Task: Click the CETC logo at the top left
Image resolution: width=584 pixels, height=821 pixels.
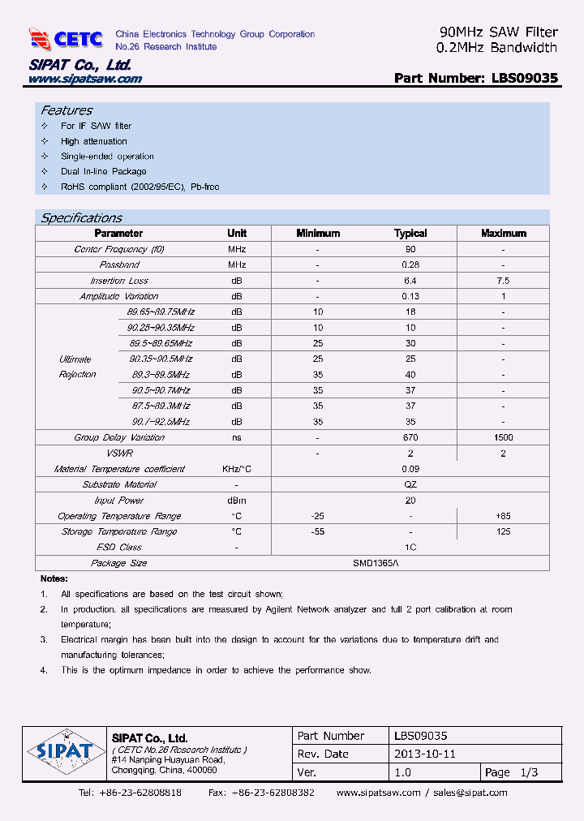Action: coord(66,38)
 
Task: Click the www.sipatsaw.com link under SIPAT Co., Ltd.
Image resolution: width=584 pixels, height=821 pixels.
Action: coord(85,79)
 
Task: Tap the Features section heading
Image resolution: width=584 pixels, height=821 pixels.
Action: coord(67,110)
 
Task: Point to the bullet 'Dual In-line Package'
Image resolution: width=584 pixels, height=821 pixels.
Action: coord(103,171)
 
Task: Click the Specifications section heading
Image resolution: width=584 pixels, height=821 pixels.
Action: coord(81,217)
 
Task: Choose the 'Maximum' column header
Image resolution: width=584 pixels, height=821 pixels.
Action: coord(503,233)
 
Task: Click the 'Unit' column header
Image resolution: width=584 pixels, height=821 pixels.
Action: coord(237,233)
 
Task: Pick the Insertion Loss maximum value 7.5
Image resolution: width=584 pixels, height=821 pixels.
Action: coord(503,281)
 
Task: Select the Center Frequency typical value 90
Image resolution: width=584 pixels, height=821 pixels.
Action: coord(410,249)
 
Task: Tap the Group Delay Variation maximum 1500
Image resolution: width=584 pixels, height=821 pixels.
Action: coord(503,437)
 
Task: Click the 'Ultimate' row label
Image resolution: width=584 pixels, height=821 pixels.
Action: coord(75,359)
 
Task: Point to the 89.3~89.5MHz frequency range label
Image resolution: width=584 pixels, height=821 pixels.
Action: coord(161,375)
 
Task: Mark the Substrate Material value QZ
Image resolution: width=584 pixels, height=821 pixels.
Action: coord(410,484)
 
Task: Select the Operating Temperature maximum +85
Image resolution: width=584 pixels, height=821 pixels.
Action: coord(503,516)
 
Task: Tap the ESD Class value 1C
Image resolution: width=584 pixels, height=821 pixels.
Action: coord(410,548)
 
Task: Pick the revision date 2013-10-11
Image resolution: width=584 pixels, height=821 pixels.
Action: coord(425,754)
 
